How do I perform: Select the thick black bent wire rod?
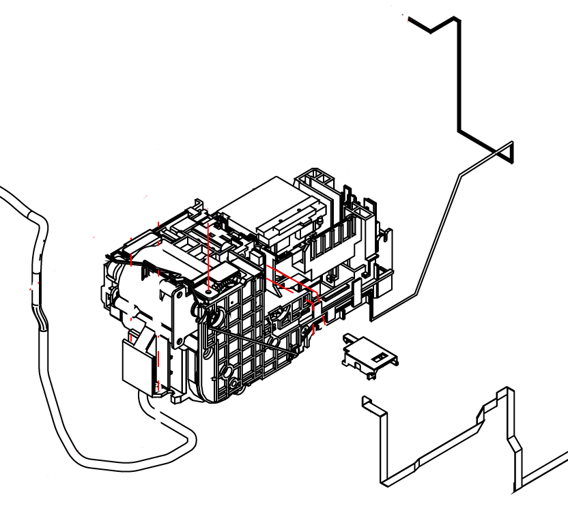[458, 82]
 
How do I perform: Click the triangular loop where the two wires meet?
[505, 151]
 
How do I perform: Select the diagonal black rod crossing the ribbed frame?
[253, 341]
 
